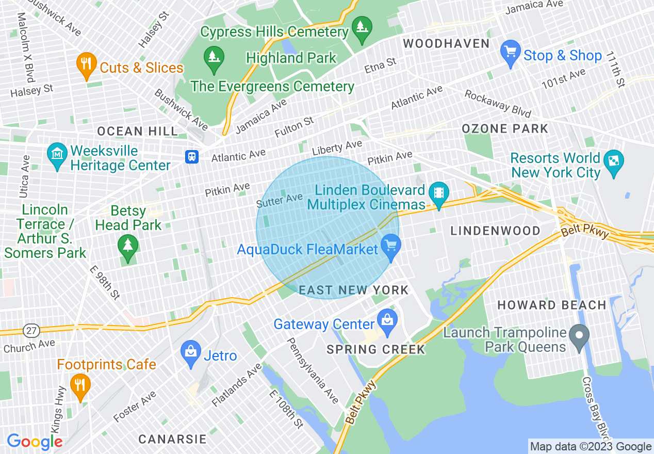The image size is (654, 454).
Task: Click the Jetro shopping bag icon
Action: click(191, 352)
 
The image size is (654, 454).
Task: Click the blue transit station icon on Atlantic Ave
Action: click(192, 156)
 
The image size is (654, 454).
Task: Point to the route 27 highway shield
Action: click(29, 329)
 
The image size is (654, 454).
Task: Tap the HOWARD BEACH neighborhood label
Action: click(552, 305)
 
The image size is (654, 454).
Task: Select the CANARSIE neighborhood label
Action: click(172, 440)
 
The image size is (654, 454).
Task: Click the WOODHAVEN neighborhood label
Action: click(446, 43)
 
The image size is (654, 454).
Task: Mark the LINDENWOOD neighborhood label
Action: click(496, 231)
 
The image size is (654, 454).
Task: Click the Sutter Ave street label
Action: click(279, 200)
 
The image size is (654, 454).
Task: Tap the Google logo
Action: click(35, 442)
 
